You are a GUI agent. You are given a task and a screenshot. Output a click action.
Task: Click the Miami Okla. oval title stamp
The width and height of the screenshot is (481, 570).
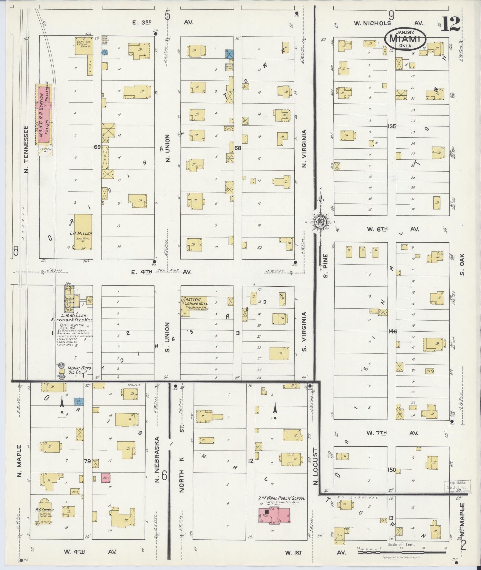[x=405, y=38]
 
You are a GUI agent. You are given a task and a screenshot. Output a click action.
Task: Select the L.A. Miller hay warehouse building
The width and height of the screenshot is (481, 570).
[x=83, y=232]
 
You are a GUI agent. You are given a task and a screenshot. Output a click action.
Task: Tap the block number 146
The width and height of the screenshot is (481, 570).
[x=393, y=331]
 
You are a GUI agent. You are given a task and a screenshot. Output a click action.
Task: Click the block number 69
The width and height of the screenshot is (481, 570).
[x=97, y=147]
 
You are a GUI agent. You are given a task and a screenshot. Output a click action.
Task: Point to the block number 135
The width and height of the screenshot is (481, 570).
[x=392, y=126]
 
